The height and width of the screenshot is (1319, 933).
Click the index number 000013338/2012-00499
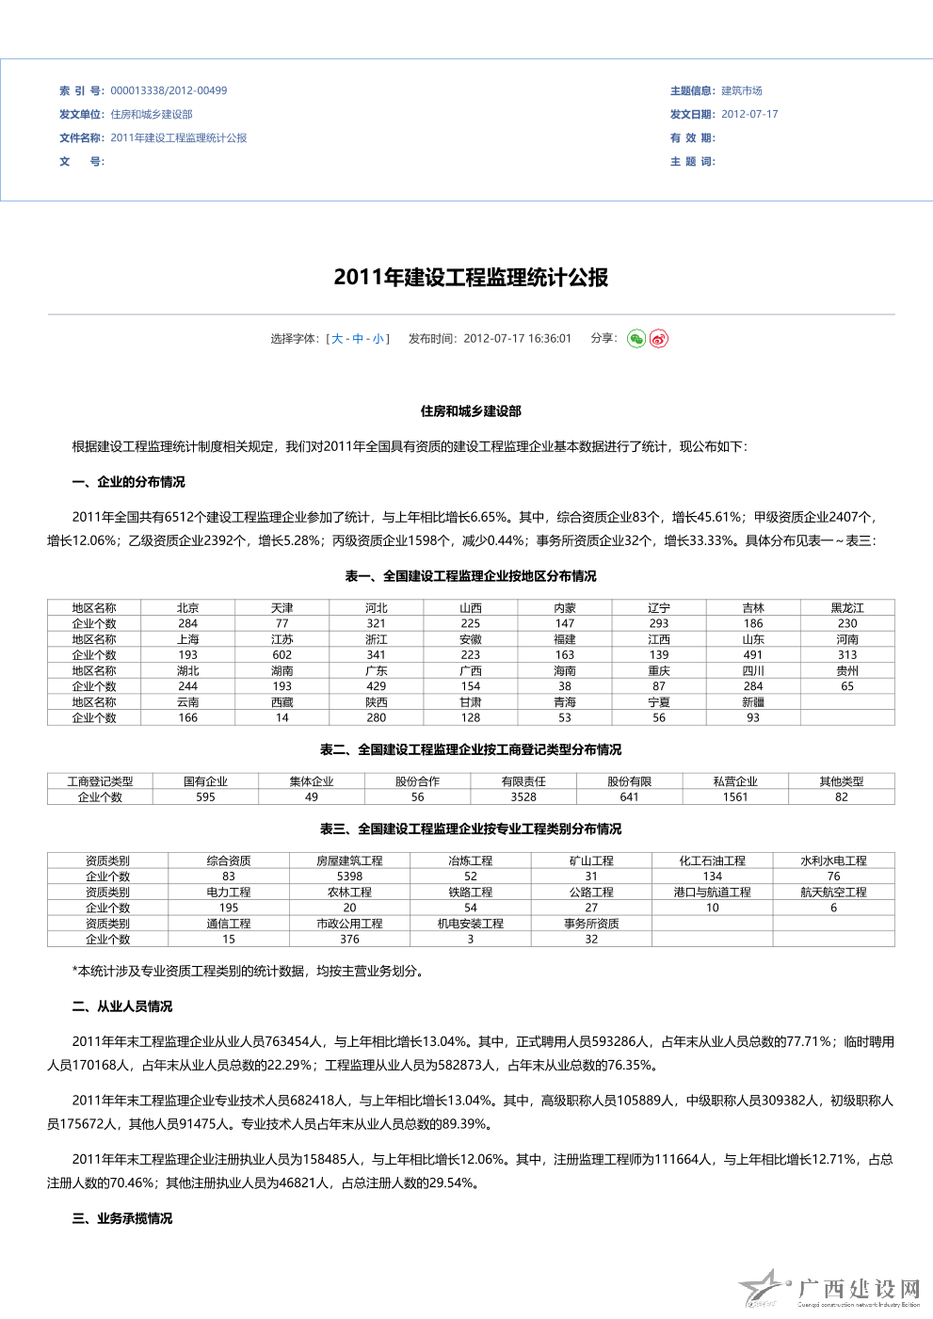(x=169, y=91)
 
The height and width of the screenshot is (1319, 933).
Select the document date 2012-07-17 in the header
(x=749, y=115)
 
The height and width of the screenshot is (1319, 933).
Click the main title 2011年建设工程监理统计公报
(x=471, y=278)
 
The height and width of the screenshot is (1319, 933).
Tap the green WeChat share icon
(x=636, y=339)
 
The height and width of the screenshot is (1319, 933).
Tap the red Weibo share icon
(x=659, y=339)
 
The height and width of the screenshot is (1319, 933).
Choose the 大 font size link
(x=337, y=339)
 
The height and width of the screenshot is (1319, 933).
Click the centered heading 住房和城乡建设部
(x=471, y=411)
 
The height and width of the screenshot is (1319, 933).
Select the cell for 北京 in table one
(x=188, y=608)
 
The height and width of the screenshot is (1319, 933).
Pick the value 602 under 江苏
(x=282, y=655)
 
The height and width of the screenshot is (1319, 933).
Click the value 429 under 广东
(x=377, y=686)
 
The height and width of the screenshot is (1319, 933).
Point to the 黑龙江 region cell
(x=847, y=608)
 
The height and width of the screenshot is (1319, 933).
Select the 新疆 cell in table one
(x=753, y=702)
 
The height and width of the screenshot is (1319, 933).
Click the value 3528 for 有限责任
(x=523, y=797)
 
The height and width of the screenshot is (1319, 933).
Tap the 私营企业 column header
(x=735, y=781)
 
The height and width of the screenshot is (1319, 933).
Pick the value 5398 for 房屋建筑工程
(x=349, y=877)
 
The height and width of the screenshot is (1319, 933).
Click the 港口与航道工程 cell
(x=712, y=893)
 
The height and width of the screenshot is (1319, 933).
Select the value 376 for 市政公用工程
(x=349, y=940)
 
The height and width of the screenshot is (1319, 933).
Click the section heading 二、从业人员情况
(x=122, y=1006)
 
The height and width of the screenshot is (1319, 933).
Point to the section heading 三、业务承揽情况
(x=122, y=1218)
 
